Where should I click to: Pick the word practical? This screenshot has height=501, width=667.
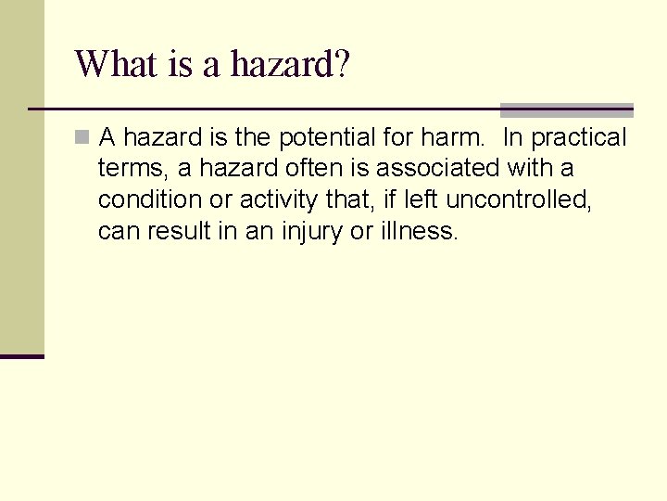(x=580, y=138)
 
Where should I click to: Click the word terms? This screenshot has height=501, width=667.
(x=130, y=169)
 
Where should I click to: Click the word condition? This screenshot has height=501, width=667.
(x=144, y=199)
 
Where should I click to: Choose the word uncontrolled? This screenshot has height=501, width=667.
(x=519, y=199)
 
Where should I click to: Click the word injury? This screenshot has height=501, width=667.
(x=310, y=231)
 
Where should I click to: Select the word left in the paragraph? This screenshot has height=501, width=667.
(x=422, y=199)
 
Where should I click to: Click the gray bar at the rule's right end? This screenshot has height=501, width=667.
(x=566, y=109)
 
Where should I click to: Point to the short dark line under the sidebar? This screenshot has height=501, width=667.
(x=22, y=356)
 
